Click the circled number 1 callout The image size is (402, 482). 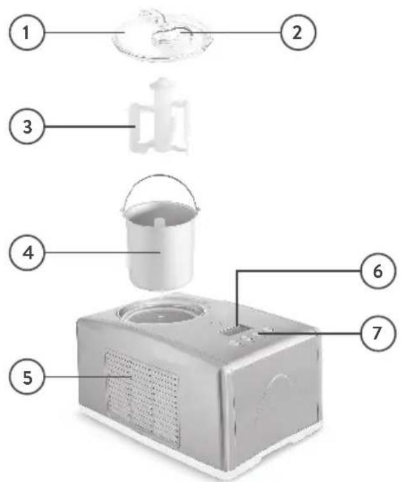(x=27, y=33)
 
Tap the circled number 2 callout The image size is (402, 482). (x=297, y=33)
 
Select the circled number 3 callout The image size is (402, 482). (x=27, y=126)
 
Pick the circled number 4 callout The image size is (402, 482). (x=27, y=253)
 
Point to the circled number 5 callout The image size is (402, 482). (x=27, y=377)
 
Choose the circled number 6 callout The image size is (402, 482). (x=377, y=271)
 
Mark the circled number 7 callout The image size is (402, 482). (x=377, y=333)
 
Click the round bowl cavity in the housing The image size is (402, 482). (x=160, y=312)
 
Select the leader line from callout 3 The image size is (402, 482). (x=89, y=126)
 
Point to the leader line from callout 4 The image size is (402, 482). (x=103, y=253)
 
